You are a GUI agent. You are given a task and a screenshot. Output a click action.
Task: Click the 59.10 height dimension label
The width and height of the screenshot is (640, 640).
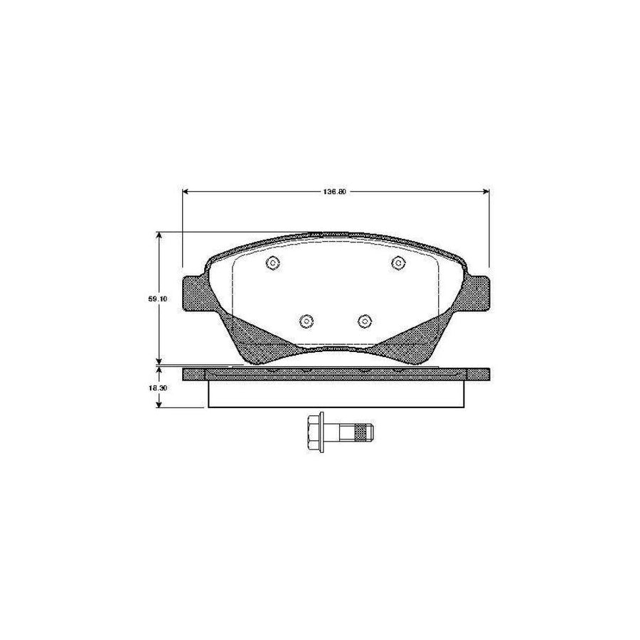[158, 299]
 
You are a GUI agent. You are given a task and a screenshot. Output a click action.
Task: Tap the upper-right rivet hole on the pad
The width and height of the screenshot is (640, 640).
[398, 263]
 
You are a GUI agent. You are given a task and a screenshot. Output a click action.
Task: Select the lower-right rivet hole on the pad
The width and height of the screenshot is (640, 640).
[365, 321]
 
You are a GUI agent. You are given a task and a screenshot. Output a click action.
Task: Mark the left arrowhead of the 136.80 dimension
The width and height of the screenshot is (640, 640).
[186, 192]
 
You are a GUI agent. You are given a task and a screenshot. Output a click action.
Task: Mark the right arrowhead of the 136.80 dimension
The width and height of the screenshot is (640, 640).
[486, 192]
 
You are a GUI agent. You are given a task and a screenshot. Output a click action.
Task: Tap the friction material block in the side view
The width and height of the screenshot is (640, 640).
[336, 393]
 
